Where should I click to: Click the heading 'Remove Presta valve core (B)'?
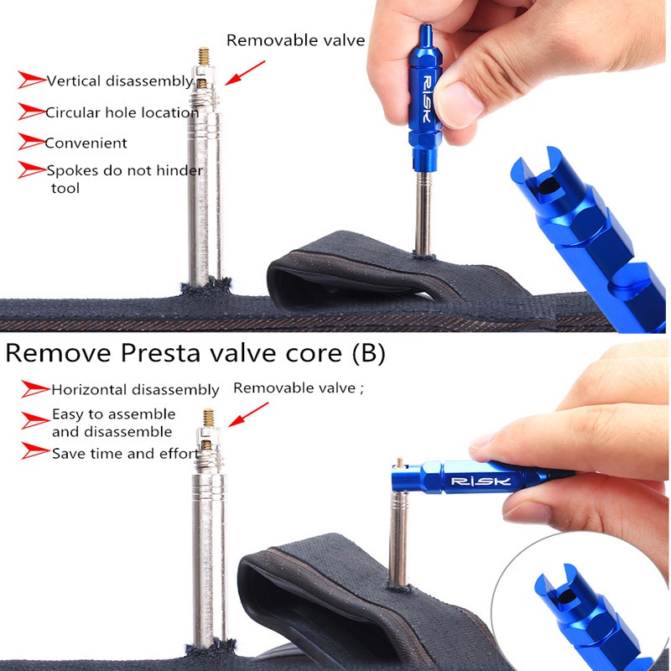[195, 353]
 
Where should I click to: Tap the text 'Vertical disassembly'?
[120, 81]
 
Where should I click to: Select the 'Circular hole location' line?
[122, 112]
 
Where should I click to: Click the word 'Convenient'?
[86, 143]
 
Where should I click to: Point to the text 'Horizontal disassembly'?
[135, 390]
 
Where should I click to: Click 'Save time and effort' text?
[125, 453]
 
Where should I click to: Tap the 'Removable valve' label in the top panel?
[296, 40]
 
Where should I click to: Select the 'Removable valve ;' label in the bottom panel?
[299, 388]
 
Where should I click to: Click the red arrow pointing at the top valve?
[245, 73]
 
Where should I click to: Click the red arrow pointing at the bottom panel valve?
[248, 414]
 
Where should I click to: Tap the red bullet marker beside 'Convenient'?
[32, 142]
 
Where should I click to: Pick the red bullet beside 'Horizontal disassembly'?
[35, 389]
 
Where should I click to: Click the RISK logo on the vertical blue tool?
[427, 99]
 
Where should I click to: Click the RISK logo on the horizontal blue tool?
[481, 481]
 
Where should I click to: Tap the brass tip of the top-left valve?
[204, 56]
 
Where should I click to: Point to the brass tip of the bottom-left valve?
[208, 418]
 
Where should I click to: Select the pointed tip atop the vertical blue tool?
[425, 32]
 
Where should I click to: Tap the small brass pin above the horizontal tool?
[400, 462]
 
